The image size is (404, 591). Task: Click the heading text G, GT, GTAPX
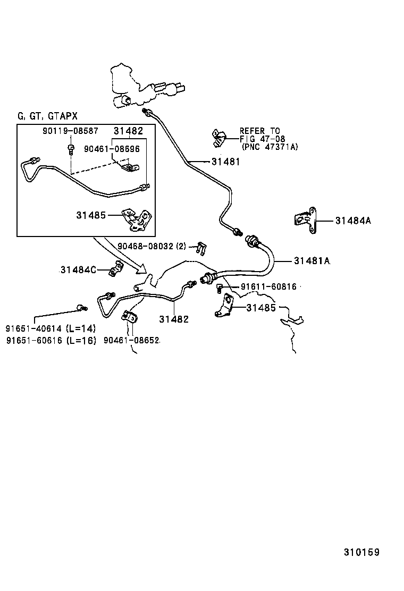coord(47,116)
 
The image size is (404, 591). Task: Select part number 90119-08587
coord(71,130)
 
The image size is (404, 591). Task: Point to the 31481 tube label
coord(225,162)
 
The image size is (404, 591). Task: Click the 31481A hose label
coord(312,260)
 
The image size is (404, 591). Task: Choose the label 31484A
coord(352,220)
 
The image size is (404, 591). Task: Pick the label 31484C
coord(78,270)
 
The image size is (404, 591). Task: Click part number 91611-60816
coord(268,286)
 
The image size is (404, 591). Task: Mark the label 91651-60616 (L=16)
coord(51,341)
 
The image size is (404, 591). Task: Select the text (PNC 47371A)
coord(270,147)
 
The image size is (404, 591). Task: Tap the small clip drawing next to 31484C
coord(114,271)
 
